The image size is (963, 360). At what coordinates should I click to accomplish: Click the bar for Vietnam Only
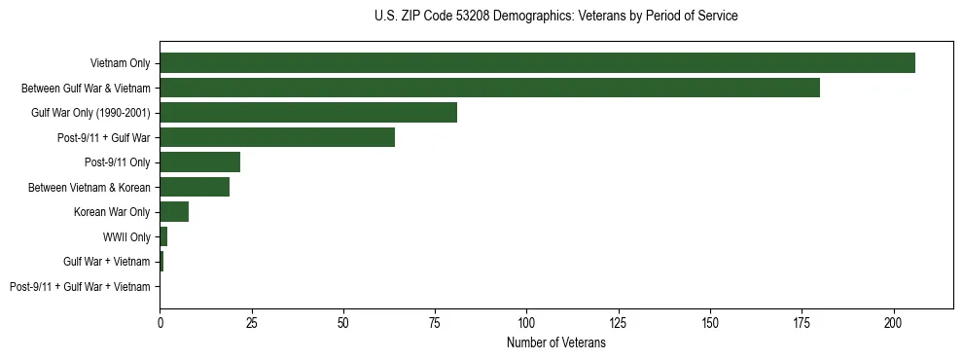[537, 63]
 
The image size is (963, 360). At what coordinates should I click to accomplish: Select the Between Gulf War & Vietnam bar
[489, 88]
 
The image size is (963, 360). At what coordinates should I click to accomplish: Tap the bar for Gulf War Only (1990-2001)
[308, 113]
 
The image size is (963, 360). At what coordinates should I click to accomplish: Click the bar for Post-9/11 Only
[199, 162]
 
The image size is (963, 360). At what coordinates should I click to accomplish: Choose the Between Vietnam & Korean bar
[195, 187]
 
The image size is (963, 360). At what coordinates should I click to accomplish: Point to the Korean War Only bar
[174, 212]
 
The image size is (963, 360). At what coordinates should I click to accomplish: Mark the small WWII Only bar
[163, 236]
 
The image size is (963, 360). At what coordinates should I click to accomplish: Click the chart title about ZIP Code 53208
[555, 17]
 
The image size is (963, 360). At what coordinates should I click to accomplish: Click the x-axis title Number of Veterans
[555, 343]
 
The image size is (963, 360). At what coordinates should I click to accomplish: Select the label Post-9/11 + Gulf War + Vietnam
[80, 287]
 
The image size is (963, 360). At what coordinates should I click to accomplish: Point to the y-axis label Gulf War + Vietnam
[107, 262]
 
